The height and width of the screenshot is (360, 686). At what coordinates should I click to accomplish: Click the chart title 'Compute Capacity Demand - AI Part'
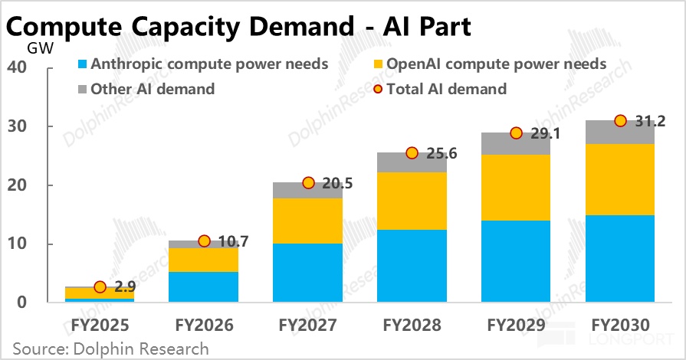[x=238, y=27]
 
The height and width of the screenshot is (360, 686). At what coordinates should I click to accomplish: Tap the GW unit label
[x=41, y=48]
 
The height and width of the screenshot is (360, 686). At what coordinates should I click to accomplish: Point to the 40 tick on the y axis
[x=17, y=67]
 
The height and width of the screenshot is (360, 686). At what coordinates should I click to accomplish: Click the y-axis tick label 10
[x=17, y=244]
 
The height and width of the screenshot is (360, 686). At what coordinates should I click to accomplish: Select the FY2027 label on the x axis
[x=307, y=325]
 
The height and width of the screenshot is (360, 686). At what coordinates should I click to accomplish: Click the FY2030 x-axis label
[x=620, y=325]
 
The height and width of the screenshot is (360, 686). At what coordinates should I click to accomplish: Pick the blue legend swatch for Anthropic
[x=82, y=64]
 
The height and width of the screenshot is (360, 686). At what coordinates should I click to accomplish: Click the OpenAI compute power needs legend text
[x=497, y=64]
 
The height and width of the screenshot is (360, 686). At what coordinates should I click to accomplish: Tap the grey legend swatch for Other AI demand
[x=82, y=90]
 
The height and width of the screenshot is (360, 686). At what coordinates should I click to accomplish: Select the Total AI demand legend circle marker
[x=378, y=90]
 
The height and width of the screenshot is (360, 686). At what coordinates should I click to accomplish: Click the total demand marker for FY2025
[x=100, y=287]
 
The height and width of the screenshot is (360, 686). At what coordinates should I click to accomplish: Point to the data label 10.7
[x=233, y=241]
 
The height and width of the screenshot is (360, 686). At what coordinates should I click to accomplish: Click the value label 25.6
[x=441, y=153]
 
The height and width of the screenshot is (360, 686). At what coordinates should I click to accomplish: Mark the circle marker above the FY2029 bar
[x=517, y=133]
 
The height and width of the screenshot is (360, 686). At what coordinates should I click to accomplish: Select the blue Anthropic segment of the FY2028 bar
[x=412, y=266]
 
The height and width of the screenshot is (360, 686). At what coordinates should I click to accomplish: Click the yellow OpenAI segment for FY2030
[x=620, y=179]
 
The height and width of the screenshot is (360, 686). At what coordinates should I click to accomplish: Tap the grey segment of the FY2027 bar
[x=307, y=190]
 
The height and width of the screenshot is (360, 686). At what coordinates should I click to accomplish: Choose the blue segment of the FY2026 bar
[x=203, y=287]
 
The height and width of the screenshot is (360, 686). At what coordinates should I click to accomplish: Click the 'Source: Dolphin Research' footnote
[x=110, y=349]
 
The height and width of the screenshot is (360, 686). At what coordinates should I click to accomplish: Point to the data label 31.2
[x=650, y=121]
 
